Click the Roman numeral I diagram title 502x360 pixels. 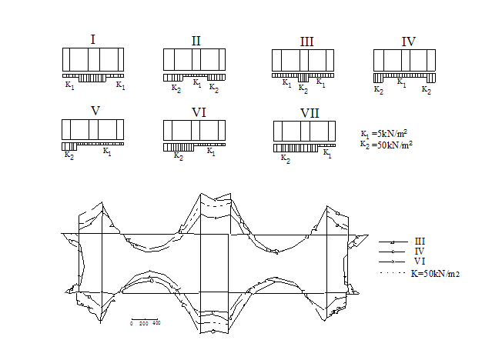[93, 40]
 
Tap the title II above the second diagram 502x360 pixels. [196, 41]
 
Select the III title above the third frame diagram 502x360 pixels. [306, 42]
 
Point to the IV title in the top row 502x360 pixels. [409, 42]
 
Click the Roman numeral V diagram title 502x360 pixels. [95, 111]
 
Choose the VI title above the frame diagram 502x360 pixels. [199, 112]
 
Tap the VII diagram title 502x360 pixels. [310, 113]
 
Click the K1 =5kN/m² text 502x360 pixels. [384, 134]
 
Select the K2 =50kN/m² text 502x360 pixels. [386, 145]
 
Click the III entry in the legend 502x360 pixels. [420, 242]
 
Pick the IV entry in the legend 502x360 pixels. [420, 252]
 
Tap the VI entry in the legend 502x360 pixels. [420, 261]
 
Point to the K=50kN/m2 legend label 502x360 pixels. [436, 274]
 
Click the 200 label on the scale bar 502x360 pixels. [144, 324]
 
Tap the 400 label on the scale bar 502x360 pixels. [156, 323]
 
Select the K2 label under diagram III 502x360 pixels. [303, 88]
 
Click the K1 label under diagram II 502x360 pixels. [197, 83]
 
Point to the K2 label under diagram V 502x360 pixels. [69, 155]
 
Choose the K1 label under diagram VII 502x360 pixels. [327, 153]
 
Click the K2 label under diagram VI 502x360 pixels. [179, 156]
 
